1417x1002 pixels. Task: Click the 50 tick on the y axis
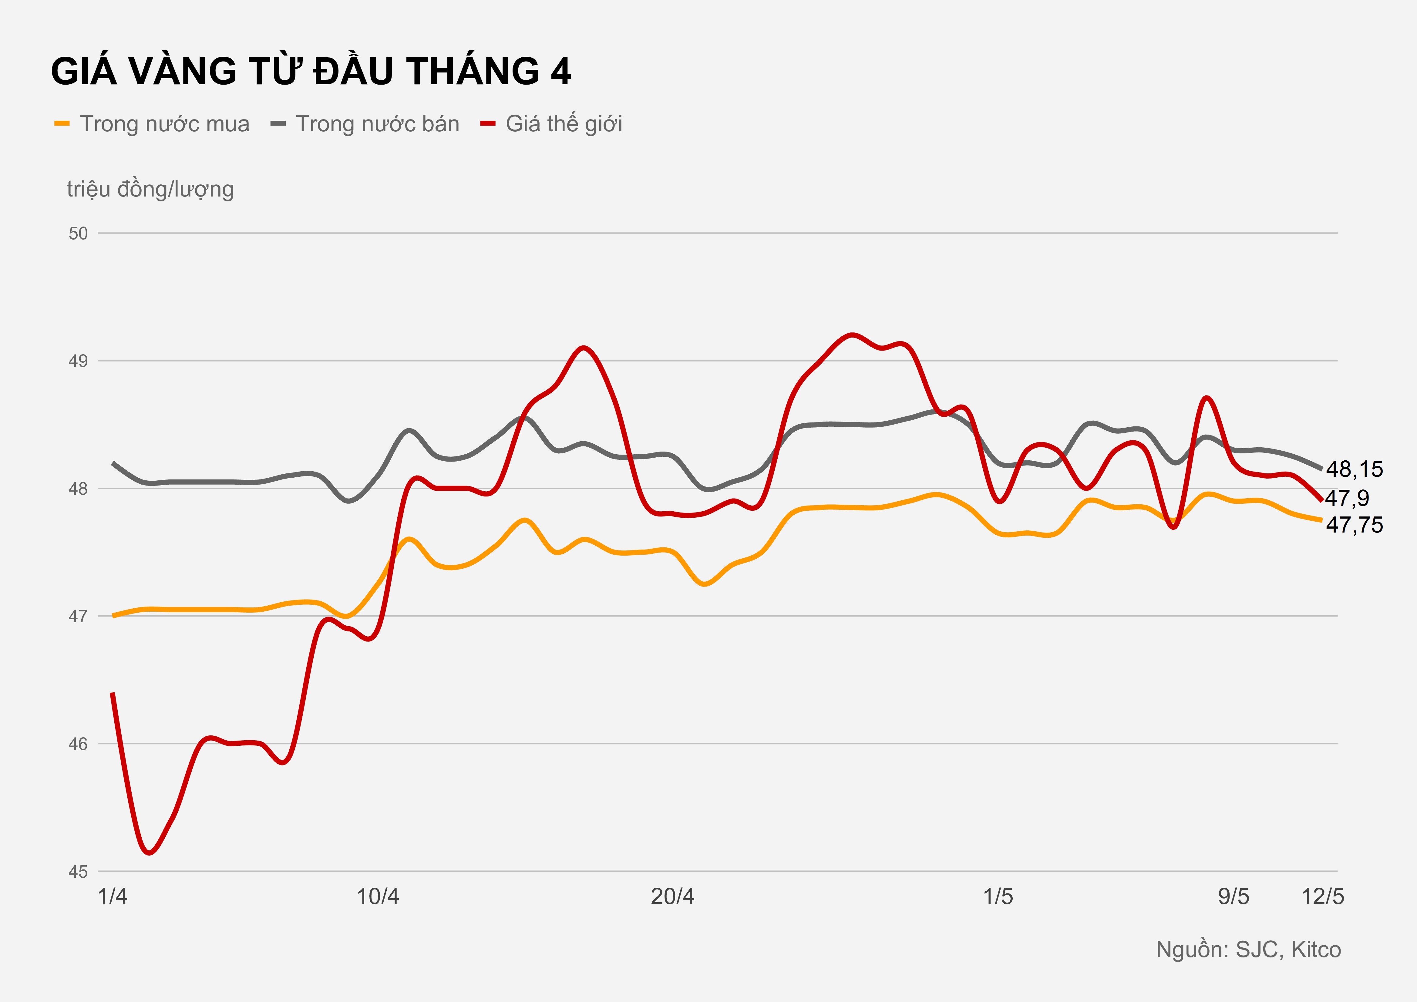click(78, 233)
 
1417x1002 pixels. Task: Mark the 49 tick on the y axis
click(78, 361)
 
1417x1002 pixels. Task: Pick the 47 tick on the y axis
click(78, 616)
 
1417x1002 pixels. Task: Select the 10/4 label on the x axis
click(378, 896)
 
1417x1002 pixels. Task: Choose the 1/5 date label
click(998, 896)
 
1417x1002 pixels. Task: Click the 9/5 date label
click(1233, 896)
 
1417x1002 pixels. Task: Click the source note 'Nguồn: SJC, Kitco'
click(1248, 950)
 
